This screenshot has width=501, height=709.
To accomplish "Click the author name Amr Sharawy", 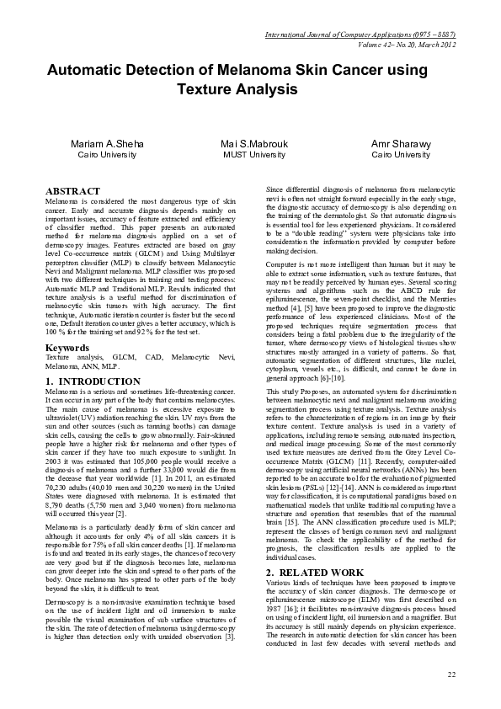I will [401, 144].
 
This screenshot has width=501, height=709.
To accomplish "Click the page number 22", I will [451, 674].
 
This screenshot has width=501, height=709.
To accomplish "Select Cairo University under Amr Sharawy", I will [401, 156].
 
